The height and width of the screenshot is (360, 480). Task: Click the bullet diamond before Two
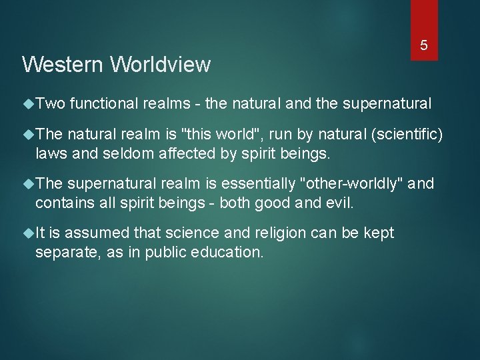pyautogui.click(x=28, y=104)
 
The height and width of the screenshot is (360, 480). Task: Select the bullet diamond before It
pyautogui.click(x=28, y=233)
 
